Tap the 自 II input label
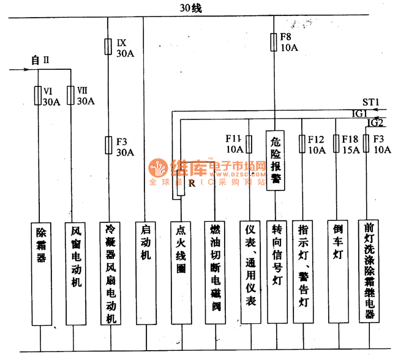point(39,60)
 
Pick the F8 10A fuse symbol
point(274,42)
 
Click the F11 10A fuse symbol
point(249,144)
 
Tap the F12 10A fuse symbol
point(302,144)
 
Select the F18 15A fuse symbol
point(336,144)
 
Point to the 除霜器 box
point(42,272)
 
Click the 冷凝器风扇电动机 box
point(110,272)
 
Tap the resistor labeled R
point(180,185)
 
